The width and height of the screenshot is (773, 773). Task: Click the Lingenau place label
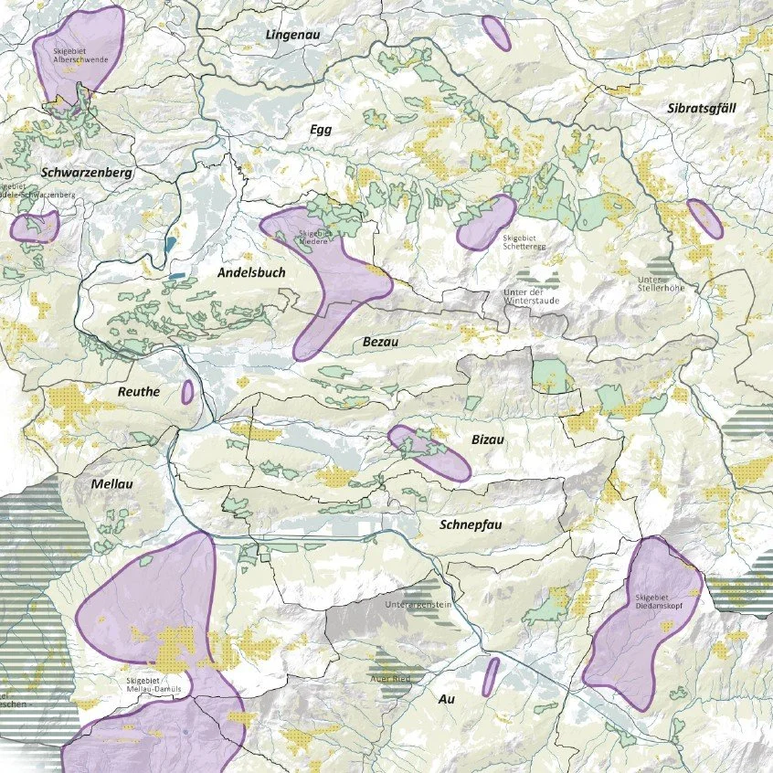(288, 35)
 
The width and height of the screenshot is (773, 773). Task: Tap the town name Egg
(321, 130)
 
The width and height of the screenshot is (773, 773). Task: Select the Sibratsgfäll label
(702, 108)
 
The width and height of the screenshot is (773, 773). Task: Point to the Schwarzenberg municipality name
(88, 172)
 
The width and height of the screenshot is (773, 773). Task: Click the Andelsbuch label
(251, 272)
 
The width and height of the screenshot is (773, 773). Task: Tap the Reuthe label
(139, 392)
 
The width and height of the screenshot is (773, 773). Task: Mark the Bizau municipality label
(489, 439)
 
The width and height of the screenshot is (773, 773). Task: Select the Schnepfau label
(471, 525)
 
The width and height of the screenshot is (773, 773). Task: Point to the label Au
(447, 699)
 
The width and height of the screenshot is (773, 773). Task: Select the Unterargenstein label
(419, 604)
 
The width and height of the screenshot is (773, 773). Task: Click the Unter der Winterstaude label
(532, 296)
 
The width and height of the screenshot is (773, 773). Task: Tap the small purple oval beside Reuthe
(187, 392)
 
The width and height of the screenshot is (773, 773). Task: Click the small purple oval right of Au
(491, 675)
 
